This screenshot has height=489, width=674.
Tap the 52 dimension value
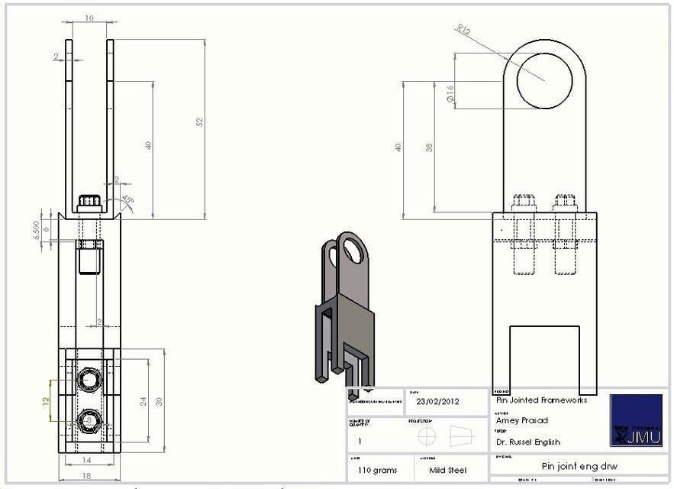(x=200, y=122)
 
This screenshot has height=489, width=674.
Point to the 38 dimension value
(x=429, y=147)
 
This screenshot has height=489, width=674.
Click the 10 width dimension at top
(x=89, y=17)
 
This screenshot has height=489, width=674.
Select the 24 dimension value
(x=143, y=401)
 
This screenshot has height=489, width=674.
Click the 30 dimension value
(x=159, y=401)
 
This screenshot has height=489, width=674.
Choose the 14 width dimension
(x=87, y=460)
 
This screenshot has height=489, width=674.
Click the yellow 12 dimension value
(x=46, y=400)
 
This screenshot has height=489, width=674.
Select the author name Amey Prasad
(x=522, y=420)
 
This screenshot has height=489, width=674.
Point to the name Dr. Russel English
(x=528, y=442)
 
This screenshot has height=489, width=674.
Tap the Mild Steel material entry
(x=447, y=470)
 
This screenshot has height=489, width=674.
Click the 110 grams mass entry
(x=375, y=470)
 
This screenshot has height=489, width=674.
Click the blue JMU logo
(x=636, y=420)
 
